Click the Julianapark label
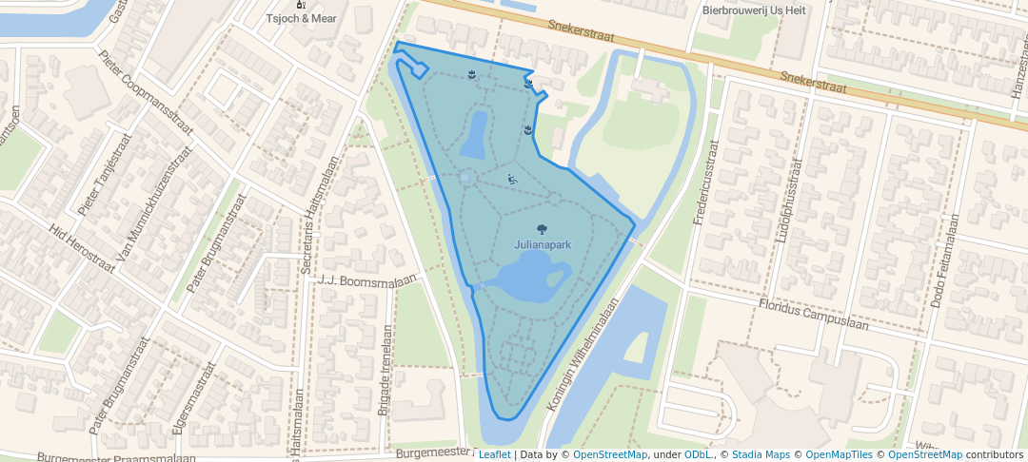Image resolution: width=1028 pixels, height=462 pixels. [x=543, y=245]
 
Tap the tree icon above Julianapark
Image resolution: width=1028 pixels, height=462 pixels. [x=542, y=229]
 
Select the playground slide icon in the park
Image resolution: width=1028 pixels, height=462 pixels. [x=512, y=178]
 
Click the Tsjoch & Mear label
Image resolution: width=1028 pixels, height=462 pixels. [x=302, y=18]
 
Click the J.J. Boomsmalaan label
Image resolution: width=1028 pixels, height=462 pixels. [x=368, y=280]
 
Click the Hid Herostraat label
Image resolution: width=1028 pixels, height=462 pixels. [x=84, y=249]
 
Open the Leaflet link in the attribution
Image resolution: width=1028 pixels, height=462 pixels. [x=494, y=454]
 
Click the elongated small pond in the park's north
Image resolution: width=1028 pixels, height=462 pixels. [x=474, y=134]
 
